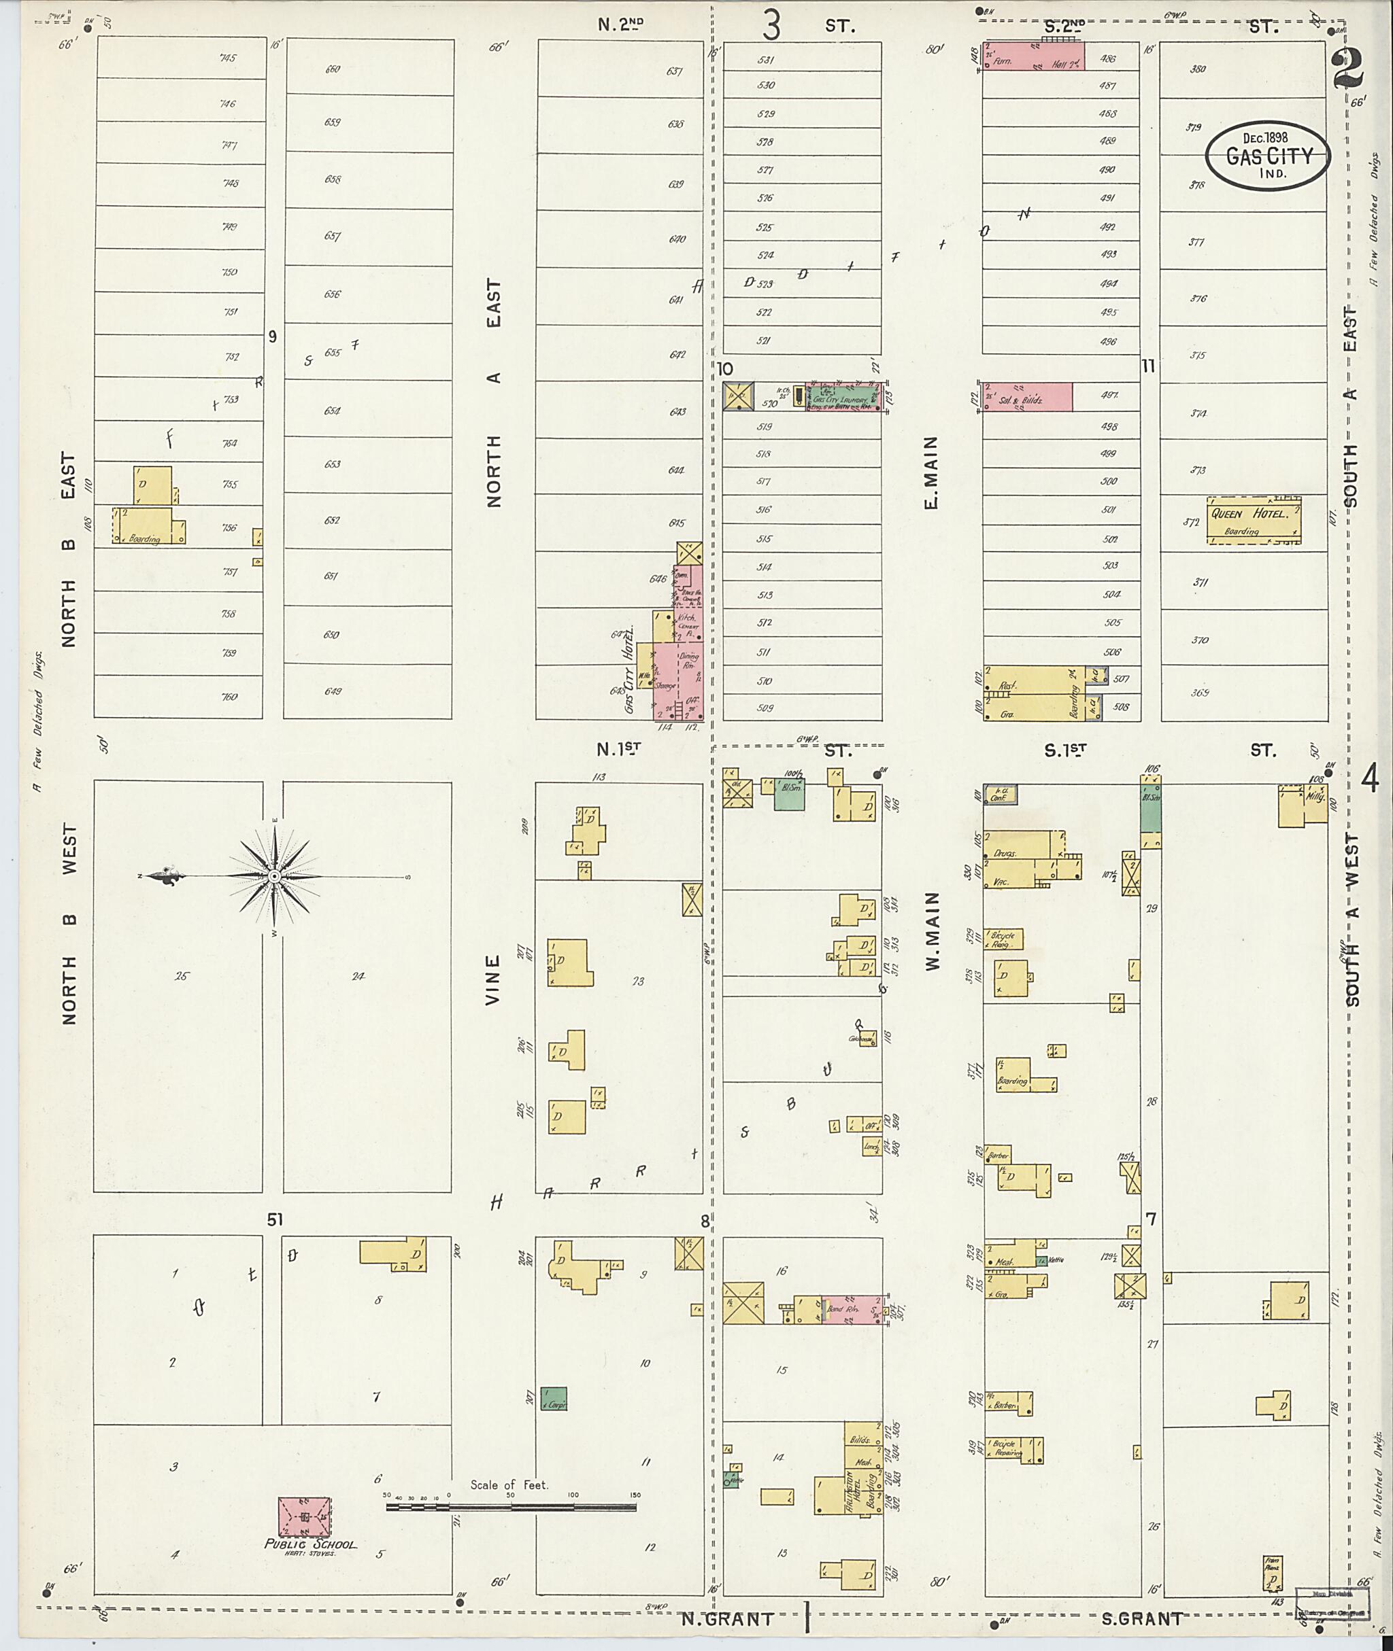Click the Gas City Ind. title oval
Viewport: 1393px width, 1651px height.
1266,156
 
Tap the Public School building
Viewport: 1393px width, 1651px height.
304,1516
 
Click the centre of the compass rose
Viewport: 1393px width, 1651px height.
273,877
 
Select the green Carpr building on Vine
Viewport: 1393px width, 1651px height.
554,1398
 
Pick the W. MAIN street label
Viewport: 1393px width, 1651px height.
933,931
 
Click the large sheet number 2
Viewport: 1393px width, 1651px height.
1349,71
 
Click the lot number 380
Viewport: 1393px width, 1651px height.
1197,69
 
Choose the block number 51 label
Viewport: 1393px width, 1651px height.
273,1219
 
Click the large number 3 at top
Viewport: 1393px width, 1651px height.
771,25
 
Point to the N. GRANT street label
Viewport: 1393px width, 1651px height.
727,1618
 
